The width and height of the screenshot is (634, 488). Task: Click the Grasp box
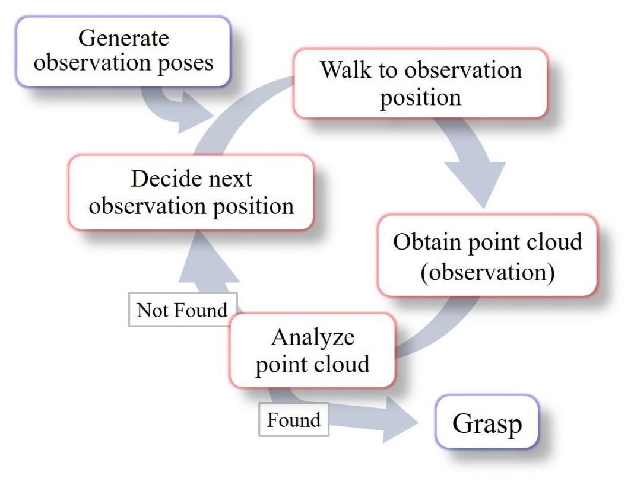487,422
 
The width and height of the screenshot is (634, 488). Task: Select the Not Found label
183,310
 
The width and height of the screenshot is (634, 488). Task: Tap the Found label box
294,420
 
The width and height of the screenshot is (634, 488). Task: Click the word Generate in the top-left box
123,39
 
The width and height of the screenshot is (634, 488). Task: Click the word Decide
172,178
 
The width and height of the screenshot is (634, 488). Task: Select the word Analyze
313,338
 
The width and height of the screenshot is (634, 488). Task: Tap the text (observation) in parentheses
487,272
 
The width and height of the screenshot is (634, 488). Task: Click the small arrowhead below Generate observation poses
195,112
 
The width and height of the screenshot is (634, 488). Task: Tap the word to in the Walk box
388,71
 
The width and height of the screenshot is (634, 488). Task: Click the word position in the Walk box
420,98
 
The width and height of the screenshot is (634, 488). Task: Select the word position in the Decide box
253,208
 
